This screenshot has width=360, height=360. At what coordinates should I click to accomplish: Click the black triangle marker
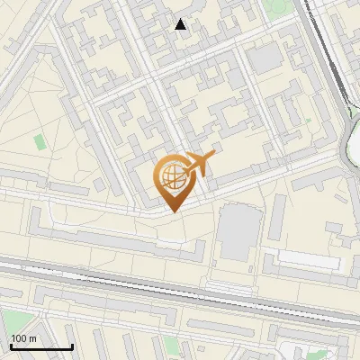[181, 24]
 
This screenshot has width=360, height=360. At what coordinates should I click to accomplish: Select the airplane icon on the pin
[201, 163]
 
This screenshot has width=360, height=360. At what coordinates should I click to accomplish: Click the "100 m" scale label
[24, 338]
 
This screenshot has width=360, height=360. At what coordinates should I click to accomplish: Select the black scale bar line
[41, 346]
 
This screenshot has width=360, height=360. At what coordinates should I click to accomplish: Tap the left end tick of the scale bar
[11, 345]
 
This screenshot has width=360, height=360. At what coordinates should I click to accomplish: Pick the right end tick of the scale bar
[72, 345]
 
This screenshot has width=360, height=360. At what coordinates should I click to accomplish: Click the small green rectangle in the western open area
[40, 141]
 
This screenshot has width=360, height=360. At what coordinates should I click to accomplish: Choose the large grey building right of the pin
[237, 233]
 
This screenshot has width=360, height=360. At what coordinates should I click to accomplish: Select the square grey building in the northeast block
[265, 59]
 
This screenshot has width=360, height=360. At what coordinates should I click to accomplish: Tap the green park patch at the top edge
[280, 6]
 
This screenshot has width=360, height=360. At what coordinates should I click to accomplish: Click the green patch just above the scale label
[18, 319]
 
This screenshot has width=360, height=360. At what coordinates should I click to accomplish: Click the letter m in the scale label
[32, 338]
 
